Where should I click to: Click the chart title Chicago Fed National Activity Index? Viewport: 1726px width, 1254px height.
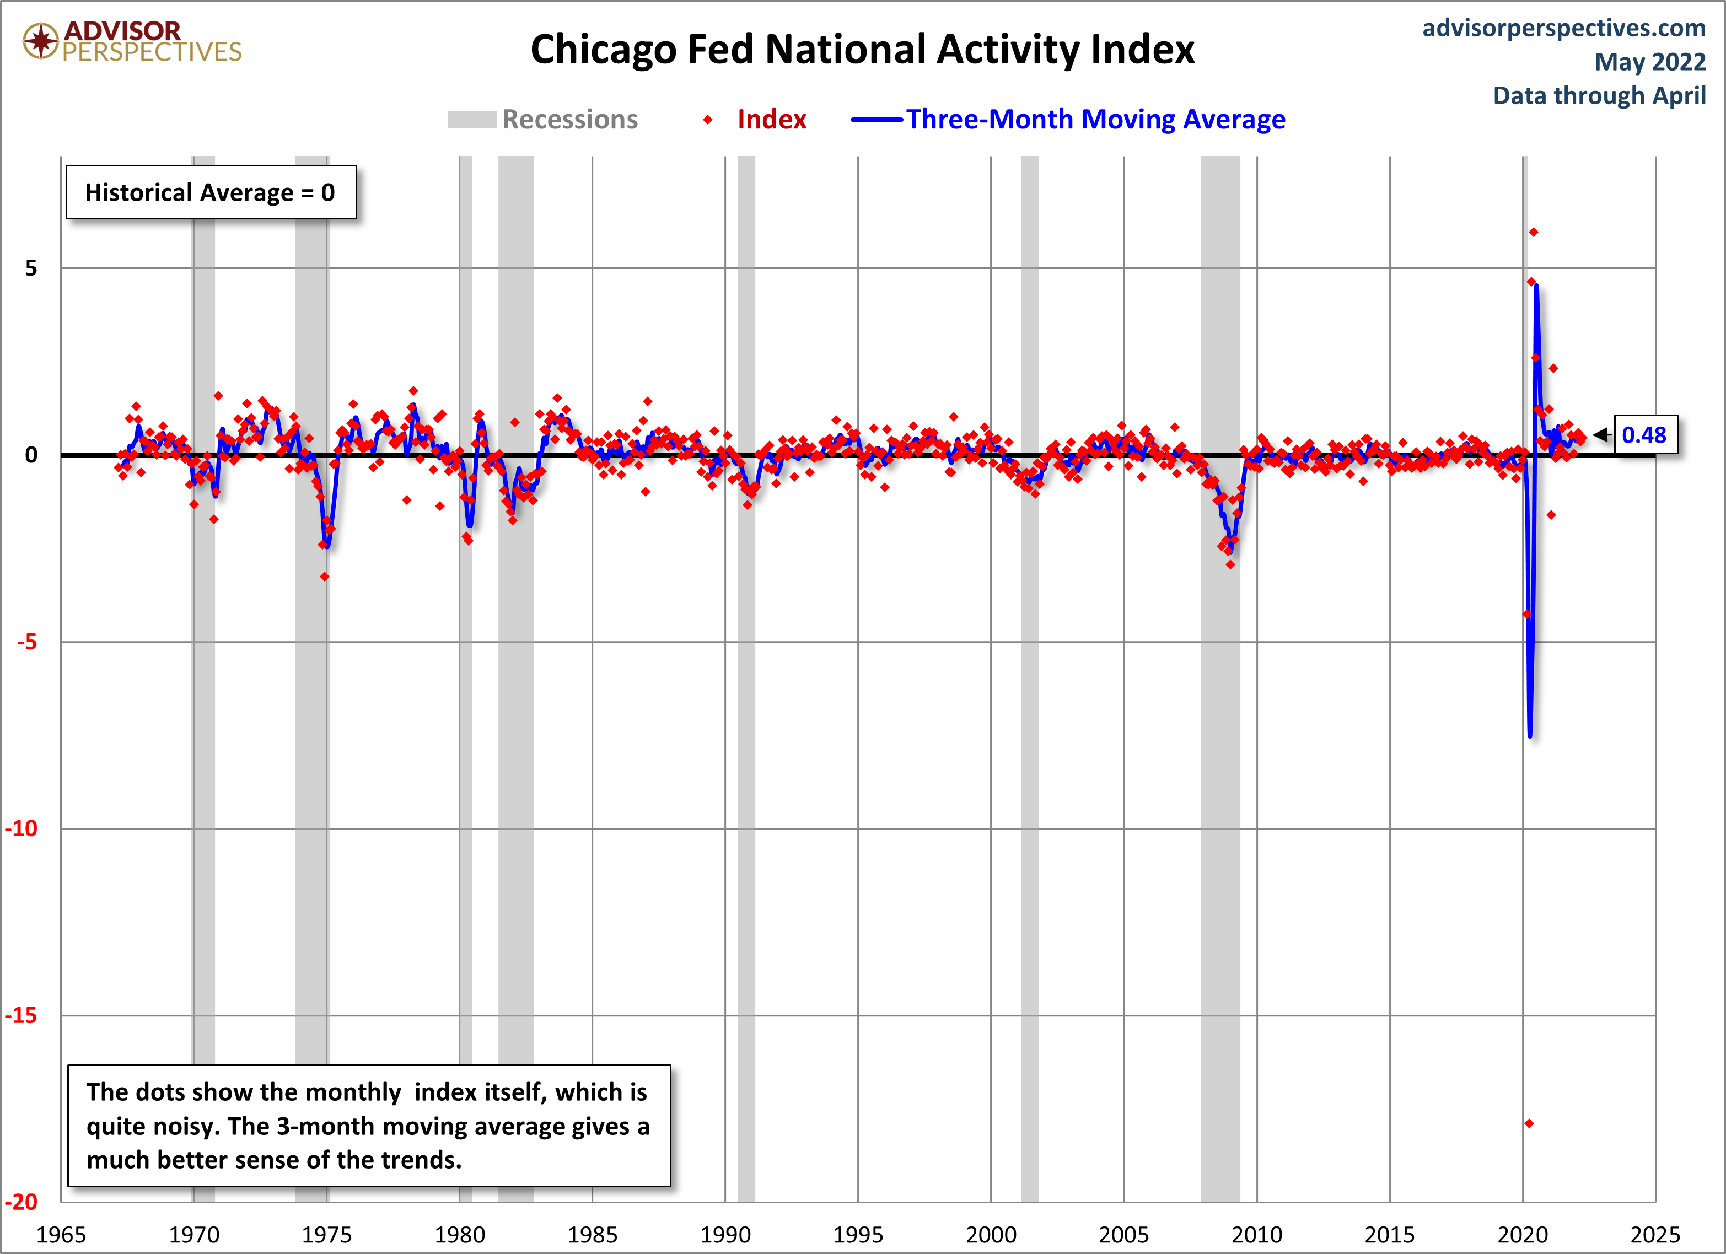(x=862, y=50)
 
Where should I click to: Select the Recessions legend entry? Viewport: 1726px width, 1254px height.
(x=542, y=120)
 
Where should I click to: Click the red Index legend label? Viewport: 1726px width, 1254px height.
(x=772, y=120)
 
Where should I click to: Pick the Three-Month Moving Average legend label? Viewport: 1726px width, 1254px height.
(x=1095, y=120)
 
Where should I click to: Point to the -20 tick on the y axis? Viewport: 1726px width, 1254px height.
(x=21, y=1202)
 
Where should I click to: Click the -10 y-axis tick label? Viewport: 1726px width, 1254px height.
(x=21, y=828)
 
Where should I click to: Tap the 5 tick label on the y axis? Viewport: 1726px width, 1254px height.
(x=31, y=268)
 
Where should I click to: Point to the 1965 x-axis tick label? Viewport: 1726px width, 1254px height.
(x=61, y=1234)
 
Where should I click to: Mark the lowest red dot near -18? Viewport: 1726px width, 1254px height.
(x=1529, y=1123)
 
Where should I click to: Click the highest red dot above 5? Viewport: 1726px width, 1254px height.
(x=1534, y=232)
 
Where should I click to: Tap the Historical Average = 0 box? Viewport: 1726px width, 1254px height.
(x=211, y=192)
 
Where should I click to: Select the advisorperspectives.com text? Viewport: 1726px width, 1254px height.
(x=1564, y=28)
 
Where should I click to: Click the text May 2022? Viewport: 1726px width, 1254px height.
(x=1650, y=62)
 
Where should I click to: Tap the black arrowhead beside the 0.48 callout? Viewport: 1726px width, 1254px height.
(x=1601, y=434)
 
